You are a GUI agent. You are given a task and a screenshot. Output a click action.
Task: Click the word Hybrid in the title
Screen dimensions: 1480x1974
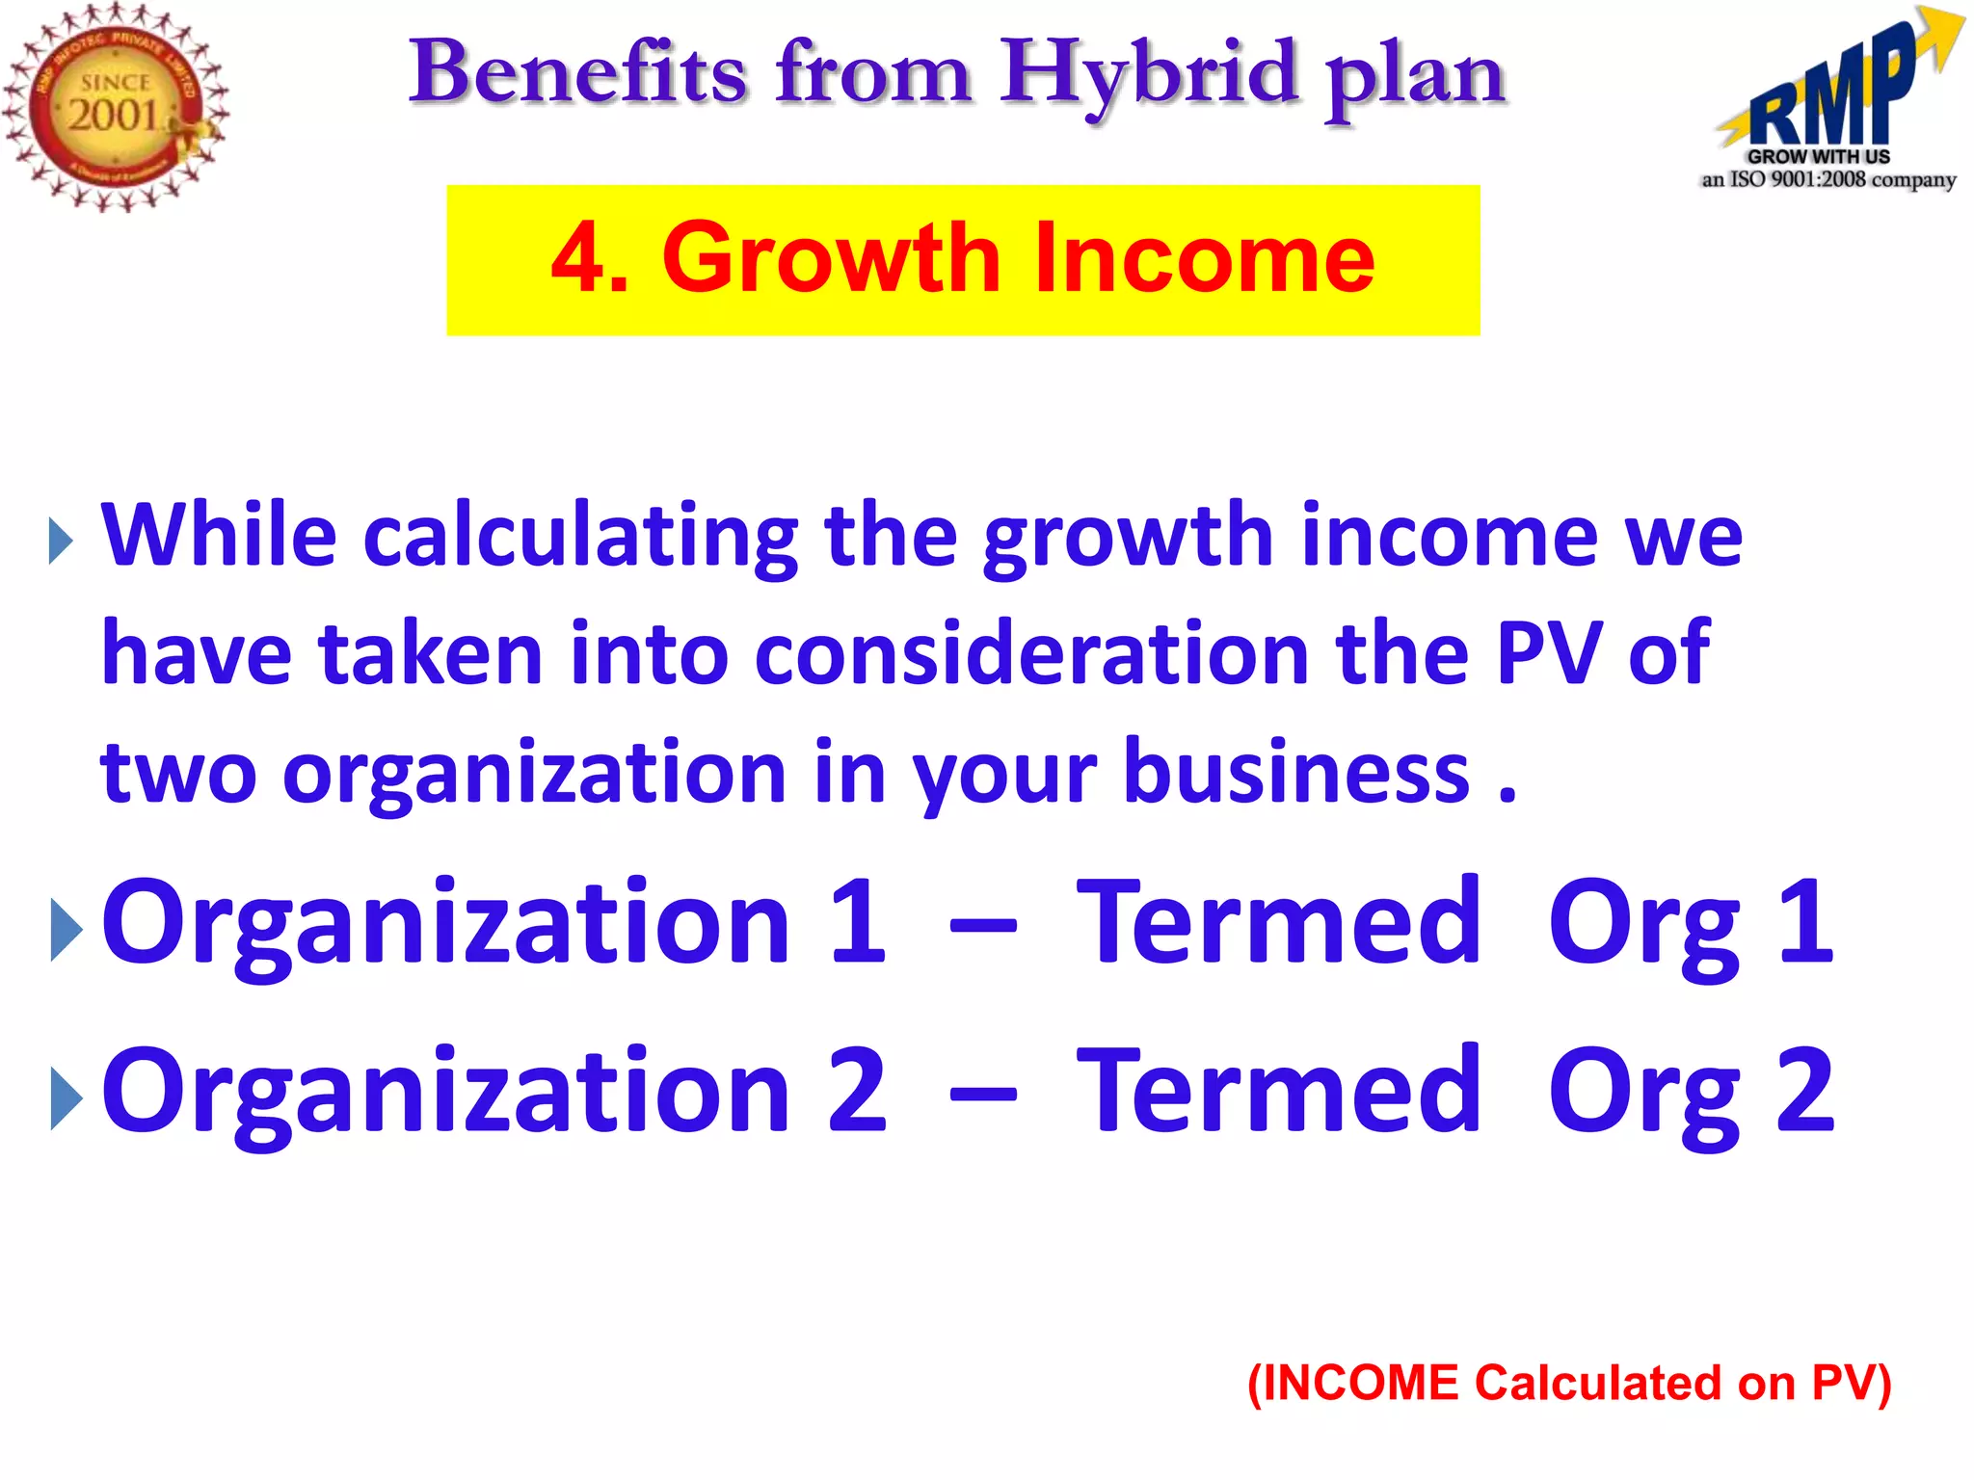(1148, 74)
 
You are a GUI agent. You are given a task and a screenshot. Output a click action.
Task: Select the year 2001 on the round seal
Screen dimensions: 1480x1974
(113, 116)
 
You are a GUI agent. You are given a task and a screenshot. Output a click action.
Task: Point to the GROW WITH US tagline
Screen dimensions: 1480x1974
(1818, 156)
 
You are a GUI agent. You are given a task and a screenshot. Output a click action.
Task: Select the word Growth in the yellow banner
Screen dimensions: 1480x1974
(831, 258)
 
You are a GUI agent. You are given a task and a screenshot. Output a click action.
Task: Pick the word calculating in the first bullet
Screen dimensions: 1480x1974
(580, 537)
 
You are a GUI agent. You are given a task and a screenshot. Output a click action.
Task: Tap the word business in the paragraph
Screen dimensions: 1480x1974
(1296, 773)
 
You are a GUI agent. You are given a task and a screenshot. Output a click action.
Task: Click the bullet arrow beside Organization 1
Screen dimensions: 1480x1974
(66, 930)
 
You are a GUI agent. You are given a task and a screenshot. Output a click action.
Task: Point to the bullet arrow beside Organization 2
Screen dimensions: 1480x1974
(66, 1098)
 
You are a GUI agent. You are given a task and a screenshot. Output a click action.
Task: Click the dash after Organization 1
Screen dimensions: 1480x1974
(982, 927)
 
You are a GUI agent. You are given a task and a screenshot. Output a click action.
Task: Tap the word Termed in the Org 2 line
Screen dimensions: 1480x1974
(1278, 1091)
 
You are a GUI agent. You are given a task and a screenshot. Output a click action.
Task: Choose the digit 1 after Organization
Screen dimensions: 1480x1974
(857, 922)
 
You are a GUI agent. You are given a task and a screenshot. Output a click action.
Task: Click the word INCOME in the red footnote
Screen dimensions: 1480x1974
(1360, 1383)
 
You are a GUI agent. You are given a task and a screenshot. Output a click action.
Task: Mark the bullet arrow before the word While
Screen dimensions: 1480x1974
(61, 542)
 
